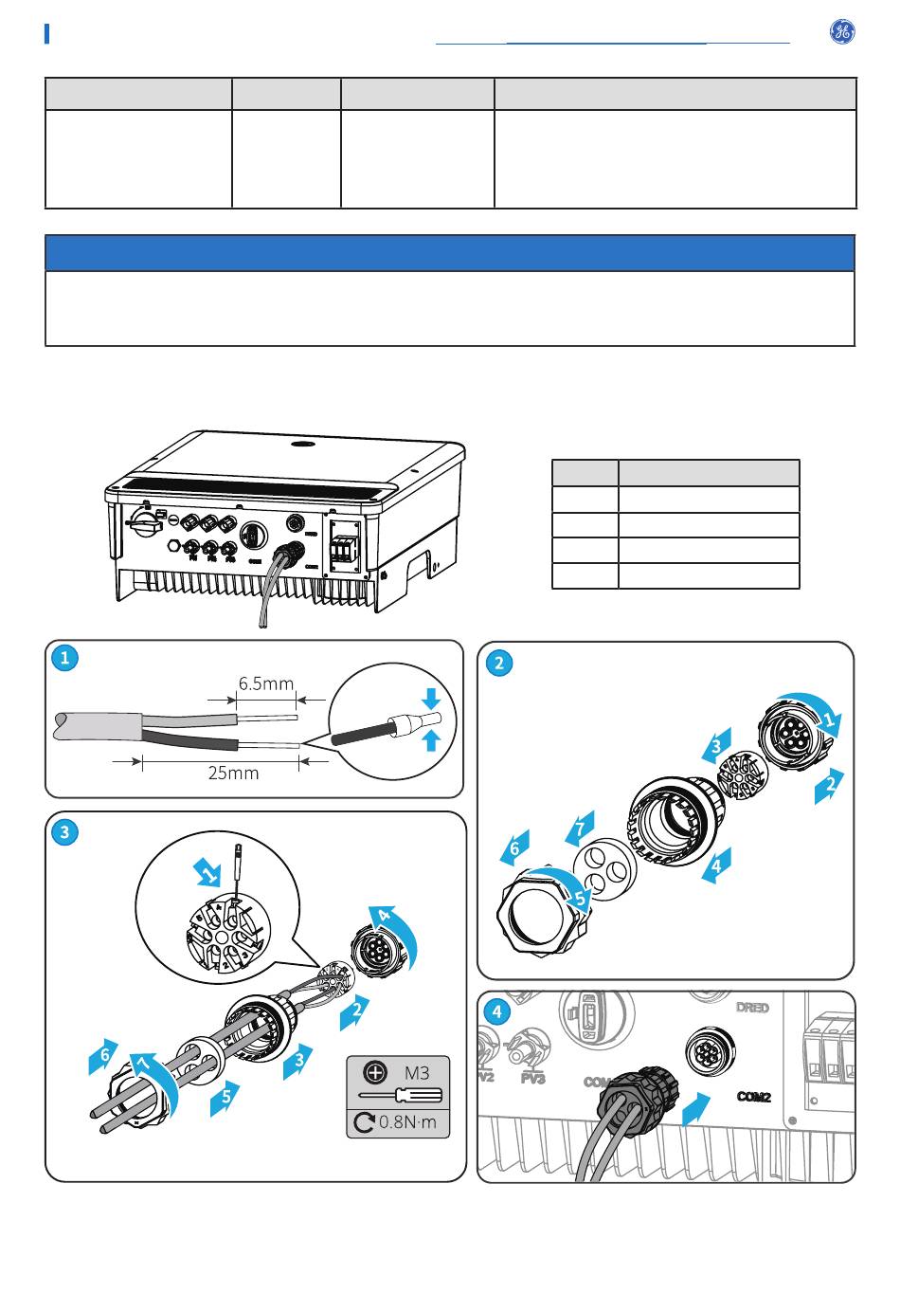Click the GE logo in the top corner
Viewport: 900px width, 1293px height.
click(841, 31)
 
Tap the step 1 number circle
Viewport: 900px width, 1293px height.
click(64, 658)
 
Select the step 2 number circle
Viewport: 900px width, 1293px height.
click(499, 663)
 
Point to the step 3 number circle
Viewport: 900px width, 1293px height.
click(64, 832)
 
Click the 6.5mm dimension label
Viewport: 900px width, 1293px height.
click(266, 683)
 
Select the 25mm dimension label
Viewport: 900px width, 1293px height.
click(233, 773)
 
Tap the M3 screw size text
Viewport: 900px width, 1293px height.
click(417, 1073)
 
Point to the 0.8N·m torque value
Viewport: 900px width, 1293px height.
click(407, 1122)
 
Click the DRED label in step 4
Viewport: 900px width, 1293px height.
click(752, 1008)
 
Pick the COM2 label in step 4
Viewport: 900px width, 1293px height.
click(754, 1097)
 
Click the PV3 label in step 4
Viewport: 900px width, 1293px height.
click(533, 1079)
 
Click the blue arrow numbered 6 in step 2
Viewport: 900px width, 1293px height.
click(514, 847)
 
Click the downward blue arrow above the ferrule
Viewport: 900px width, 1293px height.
click(432, 700)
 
